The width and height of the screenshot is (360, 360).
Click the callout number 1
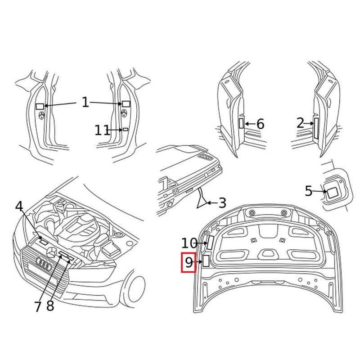85,103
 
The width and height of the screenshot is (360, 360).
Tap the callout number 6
260,124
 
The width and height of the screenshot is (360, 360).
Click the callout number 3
222,203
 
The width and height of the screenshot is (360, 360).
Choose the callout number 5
308,191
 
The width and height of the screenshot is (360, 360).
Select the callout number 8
50,306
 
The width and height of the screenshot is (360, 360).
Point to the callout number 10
189,243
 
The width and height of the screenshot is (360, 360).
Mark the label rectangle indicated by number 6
241,123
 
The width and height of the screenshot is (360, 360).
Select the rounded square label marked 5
333,193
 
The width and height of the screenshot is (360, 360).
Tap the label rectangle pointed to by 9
206,261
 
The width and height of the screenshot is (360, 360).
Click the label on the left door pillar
40,106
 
